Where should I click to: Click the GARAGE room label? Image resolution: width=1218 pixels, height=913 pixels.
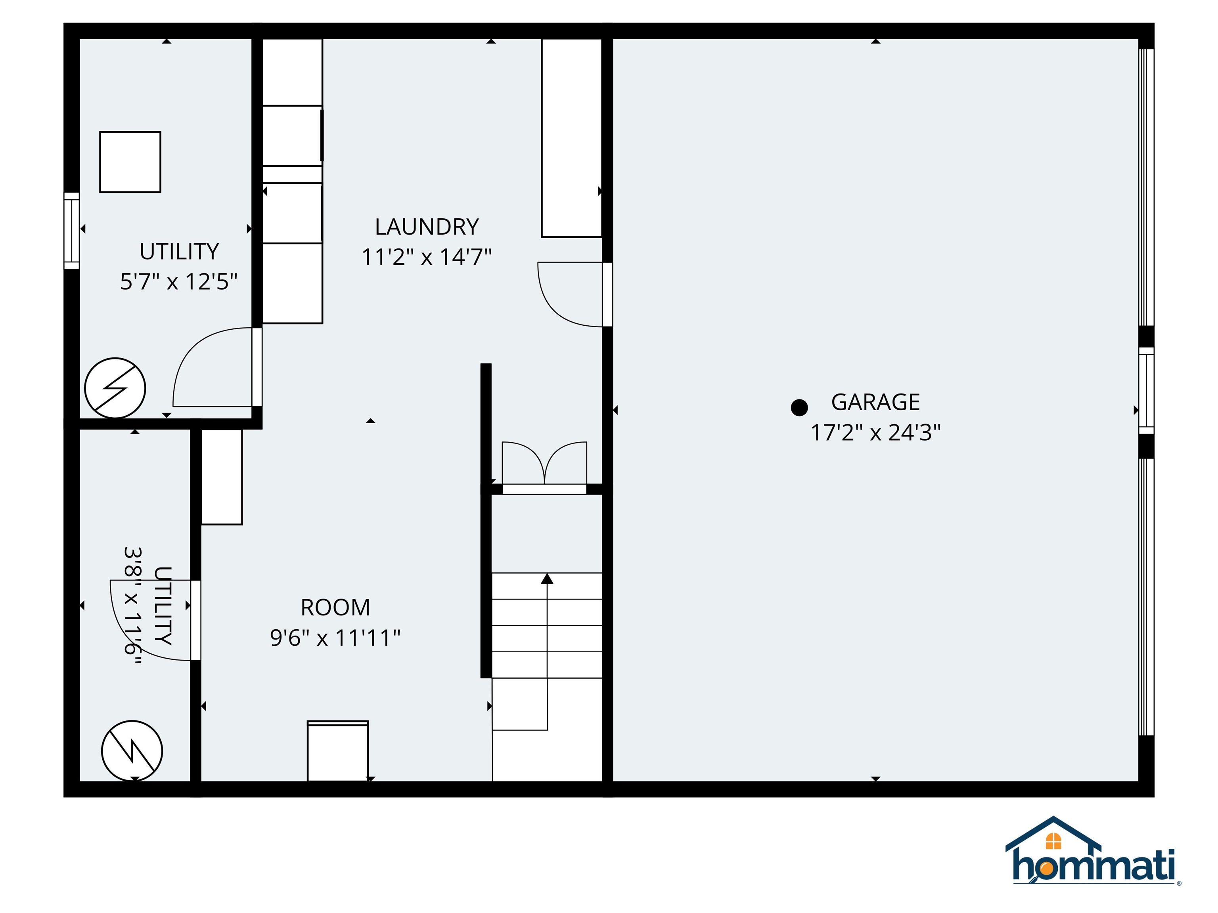875,402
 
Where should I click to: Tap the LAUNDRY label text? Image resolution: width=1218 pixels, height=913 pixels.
427,227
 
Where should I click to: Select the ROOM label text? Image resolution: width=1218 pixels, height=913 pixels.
335,607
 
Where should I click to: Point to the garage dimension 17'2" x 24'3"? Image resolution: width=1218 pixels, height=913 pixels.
875,433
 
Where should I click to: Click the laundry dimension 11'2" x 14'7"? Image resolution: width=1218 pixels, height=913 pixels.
427,257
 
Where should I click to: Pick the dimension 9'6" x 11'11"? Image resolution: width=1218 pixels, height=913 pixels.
335,638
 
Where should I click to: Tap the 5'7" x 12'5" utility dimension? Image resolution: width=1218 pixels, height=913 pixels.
179,282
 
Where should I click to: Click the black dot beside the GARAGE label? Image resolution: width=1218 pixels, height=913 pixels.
799,407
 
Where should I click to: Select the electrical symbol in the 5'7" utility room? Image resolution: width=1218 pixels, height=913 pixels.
115,388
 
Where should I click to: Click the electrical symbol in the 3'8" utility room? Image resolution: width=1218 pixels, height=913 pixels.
132,751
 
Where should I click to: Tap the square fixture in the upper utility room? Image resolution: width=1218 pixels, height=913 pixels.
130,162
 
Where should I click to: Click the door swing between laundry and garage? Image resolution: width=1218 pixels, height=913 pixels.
570,294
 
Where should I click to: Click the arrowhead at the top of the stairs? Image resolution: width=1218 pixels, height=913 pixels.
547,579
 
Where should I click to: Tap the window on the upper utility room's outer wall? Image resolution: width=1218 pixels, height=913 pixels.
72,231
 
